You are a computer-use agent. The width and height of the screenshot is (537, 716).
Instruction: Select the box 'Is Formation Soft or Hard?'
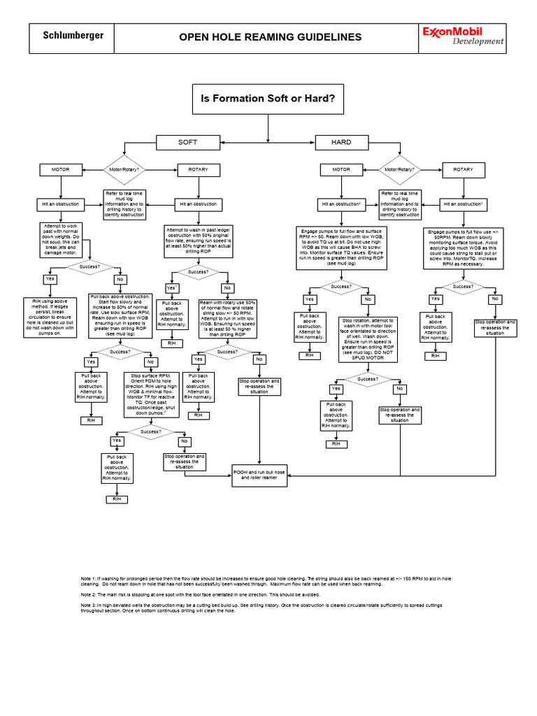[269, 98]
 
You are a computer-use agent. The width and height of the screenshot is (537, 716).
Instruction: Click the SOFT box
[187, 142]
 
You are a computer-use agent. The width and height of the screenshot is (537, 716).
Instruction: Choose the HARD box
[341, 142]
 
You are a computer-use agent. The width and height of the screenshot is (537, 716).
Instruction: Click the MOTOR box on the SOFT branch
[61, 169]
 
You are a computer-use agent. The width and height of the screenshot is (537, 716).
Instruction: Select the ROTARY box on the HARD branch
[463, 169]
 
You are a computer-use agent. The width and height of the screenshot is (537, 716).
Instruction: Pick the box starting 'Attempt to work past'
[61, 239]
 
